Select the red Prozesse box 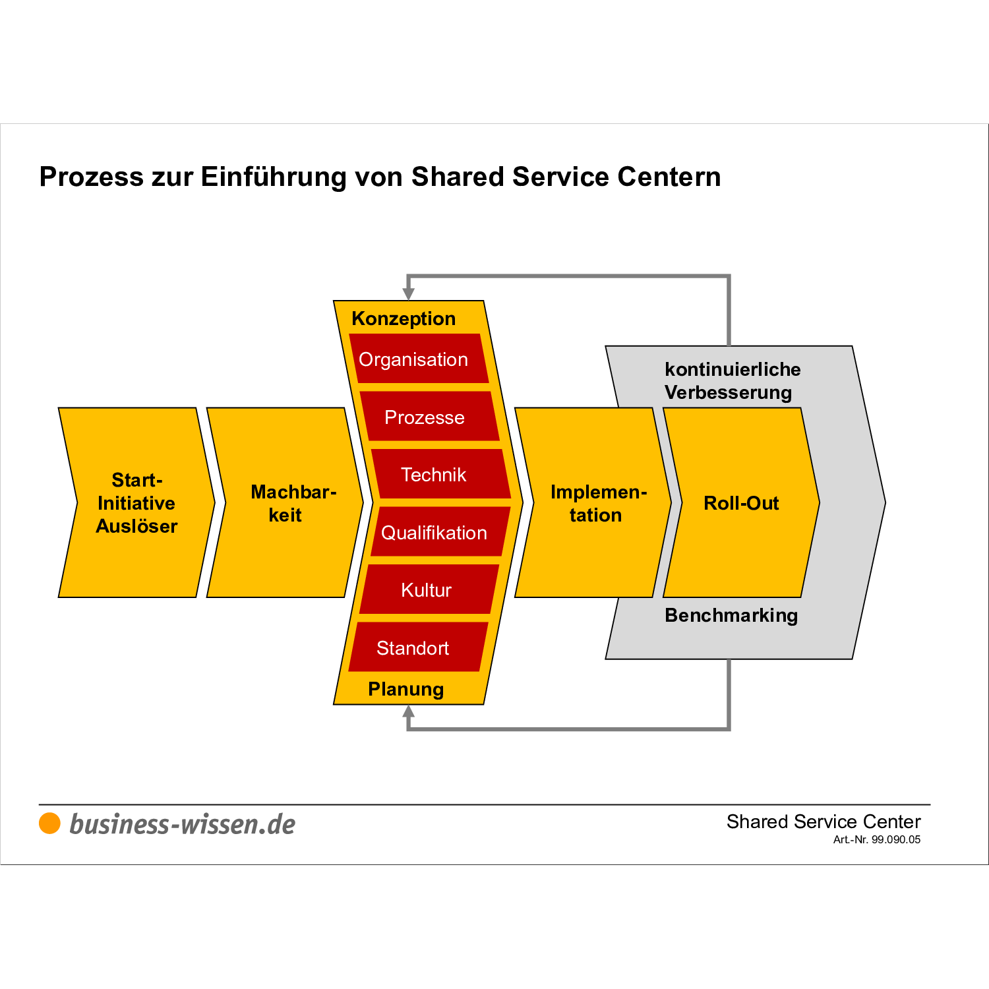pos(429,417)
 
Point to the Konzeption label pos(404,318)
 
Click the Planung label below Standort pos(405,689)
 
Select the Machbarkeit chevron pos(285,503)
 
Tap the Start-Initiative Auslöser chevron pos(136,503)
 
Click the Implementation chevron pos(593,503)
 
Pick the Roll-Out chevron pos(741,503)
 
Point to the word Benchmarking pos(731,615)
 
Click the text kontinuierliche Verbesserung pos(732,380)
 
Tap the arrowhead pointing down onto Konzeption pos(409,293)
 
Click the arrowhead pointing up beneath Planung pos(409,712)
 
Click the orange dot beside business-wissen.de pos(49,824)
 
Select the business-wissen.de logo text pos(182,824)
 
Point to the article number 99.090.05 pos(895,839)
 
